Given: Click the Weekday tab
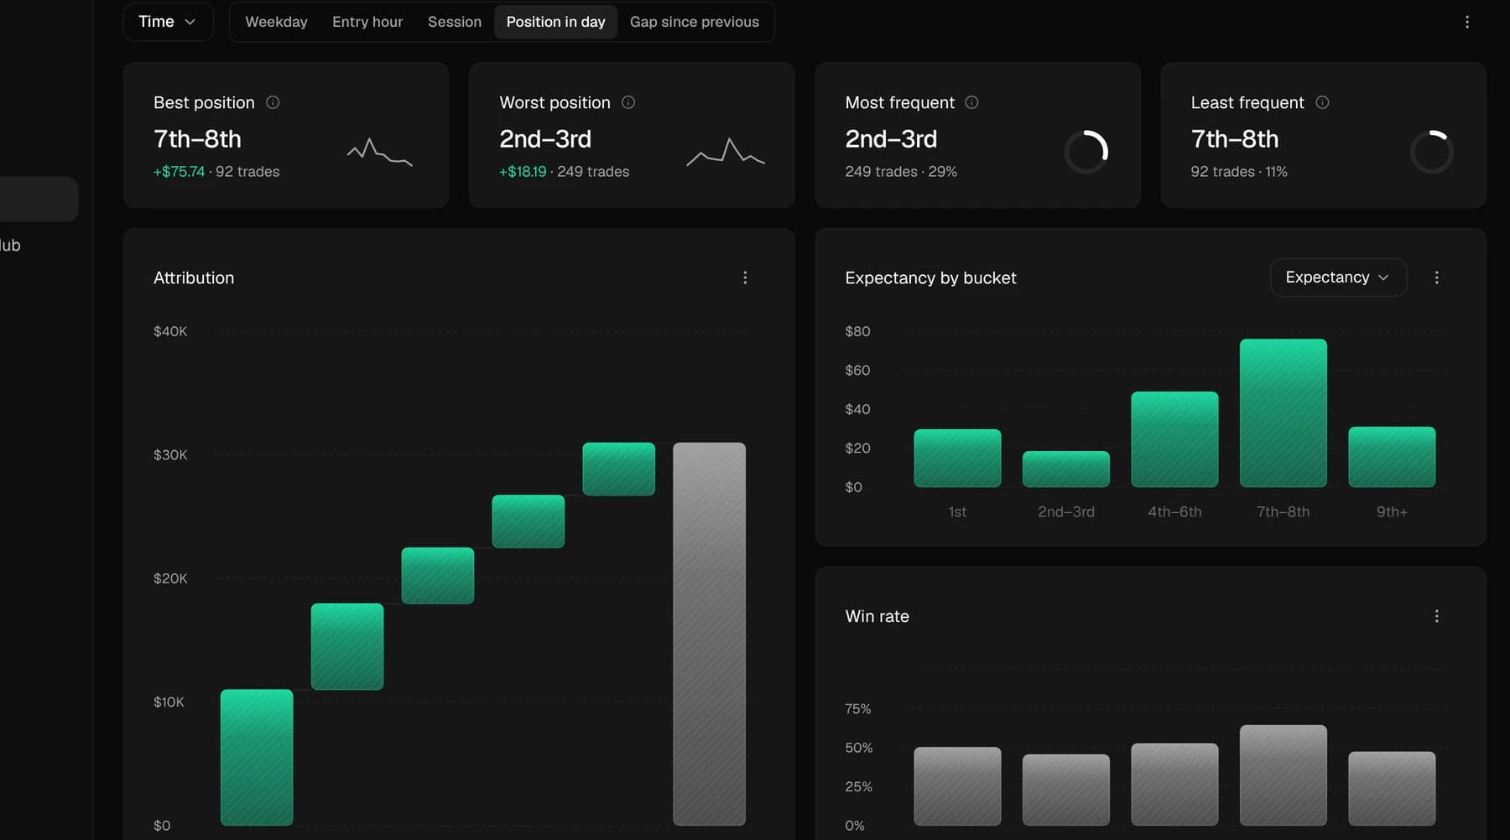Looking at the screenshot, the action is pyautogui.click(x=276, y=22).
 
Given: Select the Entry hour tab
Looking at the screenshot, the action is pyautogui.click(x=367, y=22).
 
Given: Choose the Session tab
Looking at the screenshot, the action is pyautogui.click(x=455, y=22).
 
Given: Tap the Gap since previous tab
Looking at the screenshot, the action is pyautogui.click(x=695, y=22).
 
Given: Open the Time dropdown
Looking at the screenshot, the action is pyautogui.click(x=168, y=22).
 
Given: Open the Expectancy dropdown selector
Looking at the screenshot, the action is pyautogui.click(x=1338, y=277).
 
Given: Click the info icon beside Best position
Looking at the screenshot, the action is pyautogui.click(x=273, y=102).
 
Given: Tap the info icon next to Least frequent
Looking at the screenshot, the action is pyautogui.click(x=1322, y=102).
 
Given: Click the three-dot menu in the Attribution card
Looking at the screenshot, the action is pyautogui.click(x=745, y=277).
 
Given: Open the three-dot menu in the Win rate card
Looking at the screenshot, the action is pyautogui.click(x=1437, y=616).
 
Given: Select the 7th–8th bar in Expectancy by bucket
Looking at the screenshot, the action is pyautogui.click(x=1283, y=412).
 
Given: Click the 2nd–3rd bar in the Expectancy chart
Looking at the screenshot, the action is pyautogui.click(x=1066, y=469).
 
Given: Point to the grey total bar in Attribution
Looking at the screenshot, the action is pyautogui.click(x=709, y=634).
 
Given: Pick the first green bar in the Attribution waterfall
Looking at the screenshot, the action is pyautogui.click(x=257, y=757).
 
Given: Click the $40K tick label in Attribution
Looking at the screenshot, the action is pyautogui.click(x=170, y=331).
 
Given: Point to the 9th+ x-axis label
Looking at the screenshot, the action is pyautogui.click(x=1392, y=511).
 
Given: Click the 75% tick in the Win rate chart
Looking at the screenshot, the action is pyautogui.click(x=858, y=708).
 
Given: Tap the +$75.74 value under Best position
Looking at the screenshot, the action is pyautogui.click(x=179, y=172).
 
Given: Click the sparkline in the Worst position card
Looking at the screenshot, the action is pyautogui.click(x=726, y=153).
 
